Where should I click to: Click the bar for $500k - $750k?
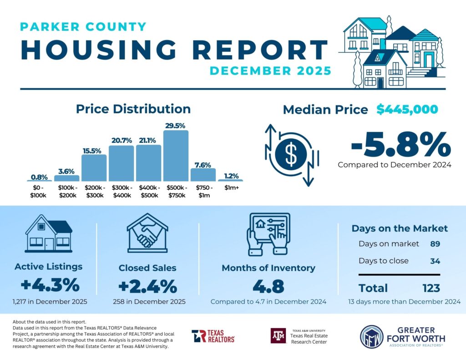(x=176, y=156)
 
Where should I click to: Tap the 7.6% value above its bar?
(x=203, y=164)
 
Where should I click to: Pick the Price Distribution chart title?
(x=133, y=109)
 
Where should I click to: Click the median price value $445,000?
(x=407, y=110)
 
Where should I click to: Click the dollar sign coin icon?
(x=291, y=154)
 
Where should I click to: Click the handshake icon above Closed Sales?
(x=147, y=233)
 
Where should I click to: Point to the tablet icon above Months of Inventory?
(x=268, y=233)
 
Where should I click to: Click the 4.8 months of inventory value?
(x=268, y=287)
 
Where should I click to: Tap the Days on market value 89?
(x=435, y=244)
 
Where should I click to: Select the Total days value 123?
(x=431, y=288)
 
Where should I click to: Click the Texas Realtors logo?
(x=213, y=336)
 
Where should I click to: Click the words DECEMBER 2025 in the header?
(x=270, y=71)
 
